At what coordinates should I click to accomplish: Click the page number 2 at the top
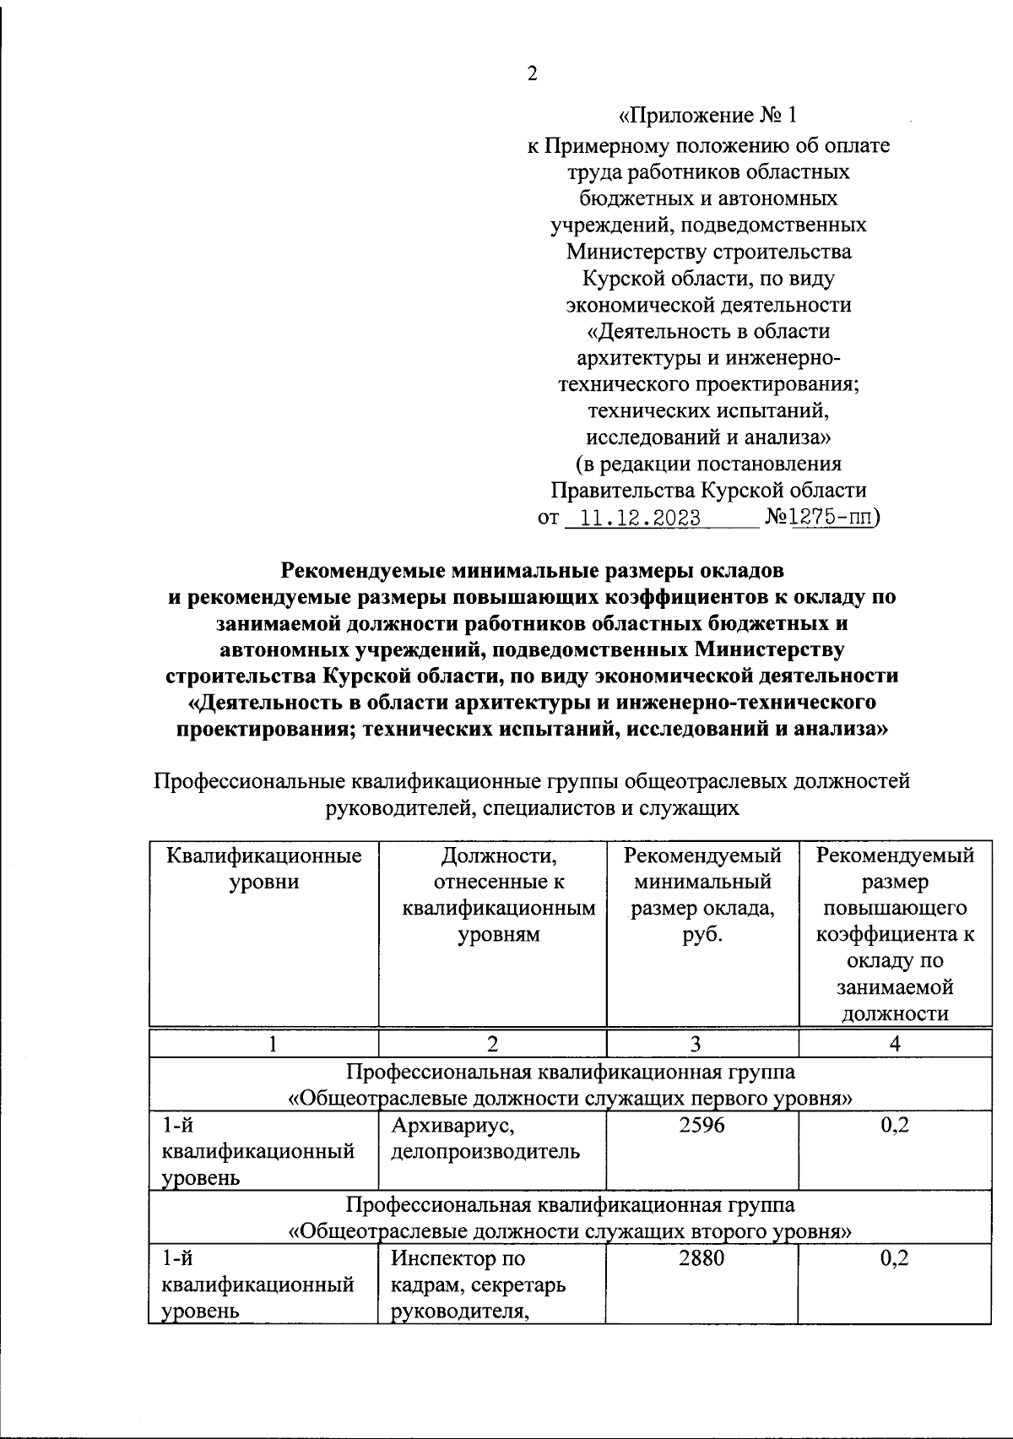click(532, 74)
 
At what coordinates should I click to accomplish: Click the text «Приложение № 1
click(707, 116)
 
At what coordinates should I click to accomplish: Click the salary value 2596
click(702, 1125)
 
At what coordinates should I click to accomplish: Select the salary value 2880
click(702, 1258)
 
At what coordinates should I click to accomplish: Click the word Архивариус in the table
click(452, 1125)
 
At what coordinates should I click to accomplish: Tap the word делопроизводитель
click(485, 1151)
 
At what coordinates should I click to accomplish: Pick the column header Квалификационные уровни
click(264, 868)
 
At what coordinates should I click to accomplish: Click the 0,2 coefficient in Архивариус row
click(894, 1125)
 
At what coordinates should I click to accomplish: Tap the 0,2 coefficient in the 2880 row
click(894, 1258)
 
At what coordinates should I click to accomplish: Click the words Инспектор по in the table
click(458, 1258)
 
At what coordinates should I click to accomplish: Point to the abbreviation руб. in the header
click(702, 935)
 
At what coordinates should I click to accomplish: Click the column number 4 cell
click(895, 1044)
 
